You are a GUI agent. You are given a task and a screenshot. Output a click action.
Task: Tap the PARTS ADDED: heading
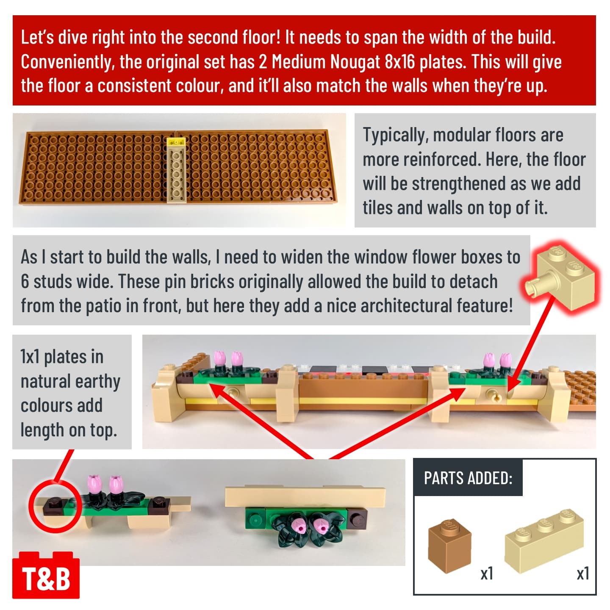[468, 478]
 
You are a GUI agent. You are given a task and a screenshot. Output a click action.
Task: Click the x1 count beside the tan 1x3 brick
[583, 573]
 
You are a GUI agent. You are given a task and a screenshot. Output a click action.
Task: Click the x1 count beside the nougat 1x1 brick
[487, 573]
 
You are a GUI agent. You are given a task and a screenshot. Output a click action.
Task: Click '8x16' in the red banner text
[399, 61]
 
